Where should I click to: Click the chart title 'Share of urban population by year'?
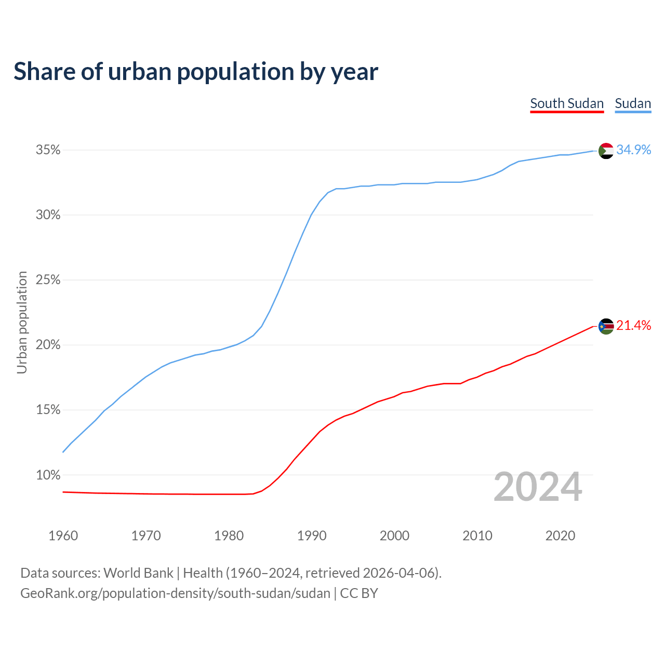point(196,72)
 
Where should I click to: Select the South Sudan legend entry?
point(567,103)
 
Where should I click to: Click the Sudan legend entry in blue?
point(633,103)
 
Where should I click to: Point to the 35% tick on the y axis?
point(48,150)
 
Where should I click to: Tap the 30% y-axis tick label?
point(48,215)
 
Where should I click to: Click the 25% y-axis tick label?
point(48,280)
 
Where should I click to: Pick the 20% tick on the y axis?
point(48,345)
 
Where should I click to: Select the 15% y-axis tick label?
point(48,410)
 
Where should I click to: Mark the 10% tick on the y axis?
point(48,475)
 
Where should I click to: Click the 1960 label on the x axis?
point(63,536)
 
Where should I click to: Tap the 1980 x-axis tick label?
point(229,536)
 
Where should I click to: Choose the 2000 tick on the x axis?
point(395,536)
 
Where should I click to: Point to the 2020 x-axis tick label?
point(560,536)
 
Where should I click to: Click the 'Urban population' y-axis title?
point(22,322)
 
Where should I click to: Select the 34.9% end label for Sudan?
point(634,150)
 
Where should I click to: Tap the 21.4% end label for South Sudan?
point(634,325)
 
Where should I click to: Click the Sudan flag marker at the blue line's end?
point(606,151)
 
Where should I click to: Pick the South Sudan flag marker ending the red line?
point(606,326)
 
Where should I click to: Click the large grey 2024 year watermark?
point(538,487)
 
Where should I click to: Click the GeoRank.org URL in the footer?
point(175,593)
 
